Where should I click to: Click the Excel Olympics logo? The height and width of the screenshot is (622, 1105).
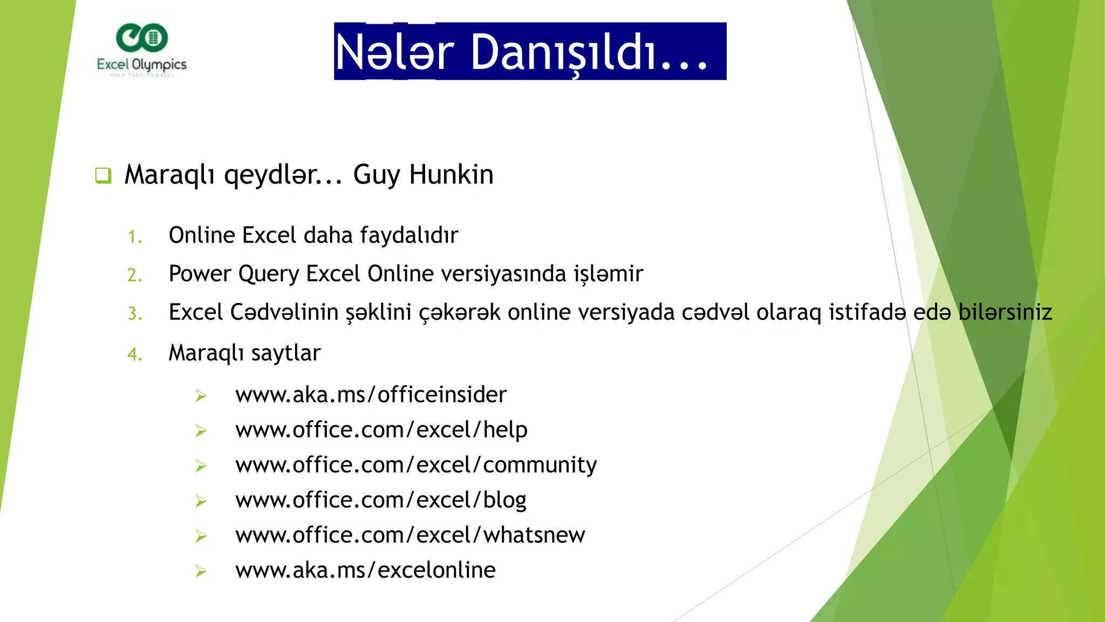pyautogui.click(x=141, y=50)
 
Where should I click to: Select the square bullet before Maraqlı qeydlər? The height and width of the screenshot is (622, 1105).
pyautogui.click(x=103, y=175)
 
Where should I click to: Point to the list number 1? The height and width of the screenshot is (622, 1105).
pyautogui.click(x=135, y=237)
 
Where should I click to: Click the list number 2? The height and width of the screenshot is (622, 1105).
pyautogui.click(x=135, y=275)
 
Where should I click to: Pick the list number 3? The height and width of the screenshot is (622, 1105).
pyautogui.click(x=135, y=314)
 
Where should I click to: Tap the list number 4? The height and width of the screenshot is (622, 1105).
pyautogui.click(x=135, y=355)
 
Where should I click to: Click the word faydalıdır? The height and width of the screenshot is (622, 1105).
pyautogui.click(x=409, y=235)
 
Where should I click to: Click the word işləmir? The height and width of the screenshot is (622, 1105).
pyautogui.click(x=608, y=274)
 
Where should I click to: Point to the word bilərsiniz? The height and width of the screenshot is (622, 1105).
pyautogui.click(x=1005, y=313)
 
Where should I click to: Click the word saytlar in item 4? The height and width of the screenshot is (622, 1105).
pyautogui.click(x=285, y=353)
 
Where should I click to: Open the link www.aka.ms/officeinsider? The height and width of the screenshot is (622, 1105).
pyautogui.click(x=371, y=395)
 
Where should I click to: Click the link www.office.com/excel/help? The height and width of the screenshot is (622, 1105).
pyautogui.click(x=381, y=430)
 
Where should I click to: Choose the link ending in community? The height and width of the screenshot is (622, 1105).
pyautogui.click(x=416, y=465)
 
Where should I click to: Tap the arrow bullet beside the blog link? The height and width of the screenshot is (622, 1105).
pyautogui.click(x=201, y=501)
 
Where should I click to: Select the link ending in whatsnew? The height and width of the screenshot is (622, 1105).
pyautogui.click(x=410, y=535)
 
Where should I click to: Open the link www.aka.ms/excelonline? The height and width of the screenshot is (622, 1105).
pyautogui.click(x=365, y=570)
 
